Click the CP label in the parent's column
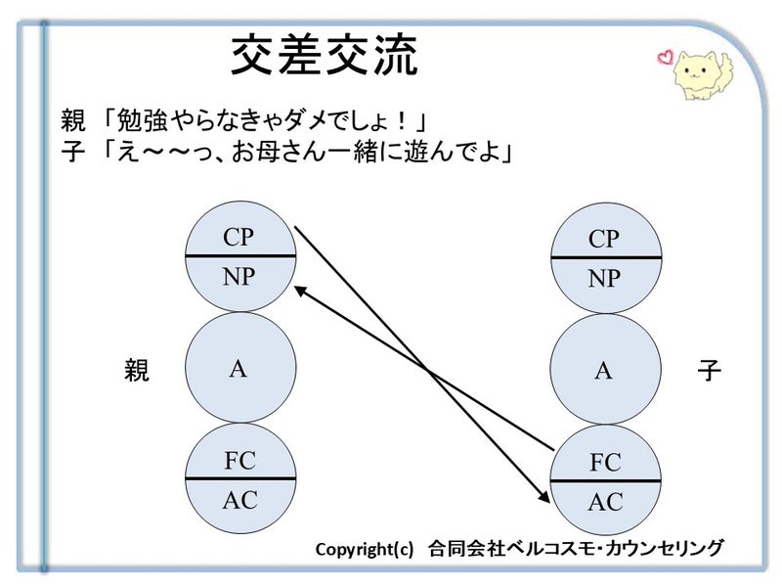tap(239, 237)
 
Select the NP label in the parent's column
tap(239, 277)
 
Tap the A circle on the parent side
tap(239, 368)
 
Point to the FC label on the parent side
tap(239, 460)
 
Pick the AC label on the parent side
tap(239, 500)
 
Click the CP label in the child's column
tap(604, 240)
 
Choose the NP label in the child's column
tap(604, 279)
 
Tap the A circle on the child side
tap(604, 370)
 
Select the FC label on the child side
tap(605, 462)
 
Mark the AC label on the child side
tap(605, 502)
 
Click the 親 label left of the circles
tap(137, 371)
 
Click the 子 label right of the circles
tap(709, 371)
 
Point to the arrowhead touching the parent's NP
tap(299, 289)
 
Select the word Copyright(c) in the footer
tap(365, 549)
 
